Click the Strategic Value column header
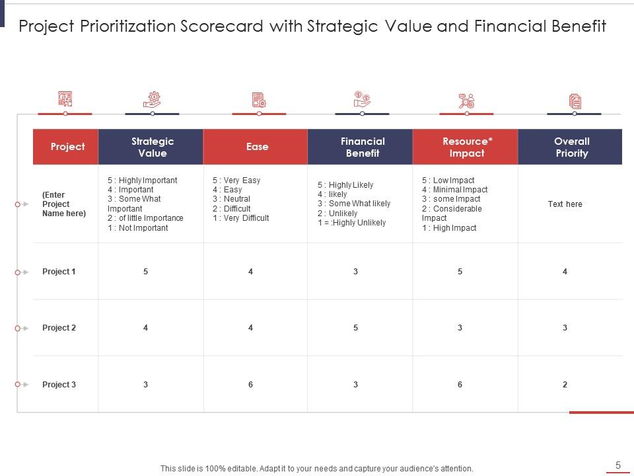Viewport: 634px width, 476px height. (x=152, y=147)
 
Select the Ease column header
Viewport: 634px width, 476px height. (x=257, y=147)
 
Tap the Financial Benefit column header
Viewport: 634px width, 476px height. (x=363, y=147)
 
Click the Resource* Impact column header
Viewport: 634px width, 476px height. (x=467, y=147)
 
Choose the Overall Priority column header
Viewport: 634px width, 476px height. (x=571, y=147)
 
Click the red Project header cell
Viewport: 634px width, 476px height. (x=67, y=147)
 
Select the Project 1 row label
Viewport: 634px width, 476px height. (x=59, y=272)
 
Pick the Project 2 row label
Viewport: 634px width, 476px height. (x=59, y=328)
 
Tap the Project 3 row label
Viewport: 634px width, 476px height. (x=59, y=385)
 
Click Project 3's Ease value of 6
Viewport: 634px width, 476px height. (x=250, y=385)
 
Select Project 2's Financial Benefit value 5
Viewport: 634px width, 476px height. (x=355, y=328)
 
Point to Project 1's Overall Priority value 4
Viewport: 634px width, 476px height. (x=565, y=272)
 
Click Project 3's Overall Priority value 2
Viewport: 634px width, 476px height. (x=565, y=385)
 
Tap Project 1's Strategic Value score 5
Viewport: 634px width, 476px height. (x=145, y=272)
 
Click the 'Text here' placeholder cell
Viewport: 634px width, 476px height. (x=565, y=204)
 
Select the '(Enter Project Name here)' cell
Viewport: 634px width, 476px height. (x=64, y=204)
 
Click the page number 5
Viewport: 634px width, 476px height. (x=618, y=465)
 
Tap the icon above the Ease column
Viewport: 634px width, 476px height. (x=258, y=100)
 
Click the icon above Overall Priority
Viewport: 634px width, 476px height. (x=575, y=101)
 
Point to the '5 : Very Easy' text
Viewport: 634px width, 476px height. (x=236, y=180)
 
